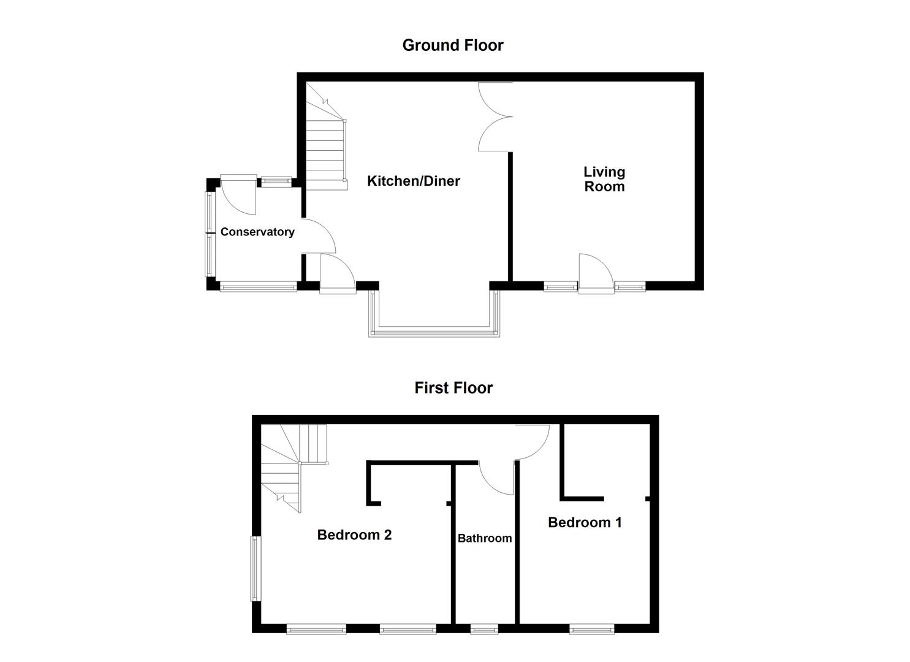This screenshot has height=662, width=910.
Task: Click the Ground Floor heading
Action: [x=452, y=45]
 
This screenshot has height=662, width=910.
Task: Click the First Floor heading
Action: [x=453, y=388]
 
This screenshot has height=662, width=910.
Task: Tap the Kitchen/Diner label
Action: [x=413, y=181]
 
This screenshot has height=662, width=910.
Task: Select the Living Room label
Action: [x=604, y=180]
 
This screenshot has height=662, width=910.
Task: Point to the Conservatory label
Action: [x=257, y=232]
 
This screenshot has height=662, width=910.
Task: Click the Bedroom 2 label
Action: [x=354, y=535]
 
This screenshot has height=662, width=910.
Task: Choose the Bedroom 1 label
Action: [x=585, y=522]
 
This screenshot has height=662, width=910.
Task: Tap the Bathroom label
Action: [x=484, y=539]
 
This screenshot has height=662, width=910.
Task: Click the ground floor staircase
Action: [x=326, y=147]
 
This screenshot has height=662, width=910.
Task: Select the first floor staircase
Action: [x=294, y=466]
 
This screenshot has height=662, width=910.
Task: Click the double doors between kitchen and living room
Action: [x=495, y=116]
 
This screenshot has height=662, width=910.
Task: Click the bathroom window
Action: [x=484, y=628]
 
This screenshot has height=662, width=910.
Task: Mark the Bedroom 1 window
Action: [x=591, y=628]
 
